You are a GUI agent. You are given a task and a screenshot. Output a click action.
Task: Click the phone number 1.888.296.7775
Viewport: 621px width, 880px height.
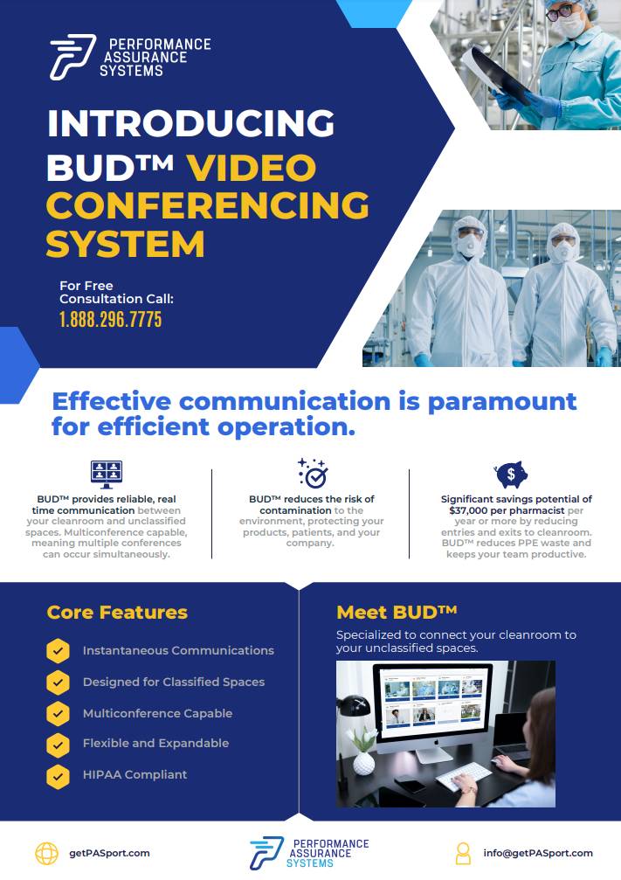111,319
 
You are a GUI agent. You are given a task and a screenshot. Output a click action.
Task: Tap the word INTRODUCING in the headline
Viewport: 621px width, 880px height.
191,123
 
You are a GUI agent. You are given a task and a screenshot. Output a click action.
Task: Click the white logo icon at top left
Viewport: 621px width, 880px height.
72,57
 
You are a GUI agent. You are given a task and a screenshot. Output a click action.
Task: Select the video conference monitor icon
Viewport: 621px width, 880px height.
107,475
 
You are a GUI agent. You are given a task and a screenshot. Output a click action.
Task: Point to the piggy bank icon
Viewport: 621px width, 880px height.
511,475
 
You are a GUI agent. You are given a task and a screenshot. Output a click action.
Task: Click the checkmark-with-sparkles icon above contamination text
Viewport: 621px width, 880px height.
313,473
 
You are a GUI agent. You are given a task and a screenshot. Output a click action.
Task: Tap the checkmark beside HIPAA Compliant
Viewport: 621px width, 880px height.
58,776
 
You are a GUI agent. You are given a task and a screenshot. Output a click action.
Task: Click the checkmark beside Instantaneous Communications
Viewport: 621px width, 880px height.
58,651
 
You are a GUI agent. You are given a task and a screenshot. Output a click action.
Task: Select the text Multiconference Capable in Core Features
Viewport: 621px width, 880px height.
157,713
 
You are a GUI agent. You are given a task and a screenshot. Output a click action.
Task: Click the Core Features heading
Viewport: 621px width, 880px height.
117,613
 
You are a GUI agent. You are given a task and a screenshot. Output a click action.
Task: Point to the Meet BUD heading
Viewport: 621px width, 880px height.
397,612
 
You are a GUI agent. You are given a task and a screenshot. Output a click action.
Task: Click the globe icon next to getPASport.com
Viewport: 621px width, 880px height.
46,854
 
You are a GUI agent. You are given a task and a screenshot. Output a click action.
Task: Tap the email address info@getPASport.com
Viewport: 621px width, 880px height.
538,853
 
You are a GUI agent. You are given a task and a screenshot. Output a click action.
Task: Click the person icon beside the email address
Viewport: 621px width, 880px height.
463,854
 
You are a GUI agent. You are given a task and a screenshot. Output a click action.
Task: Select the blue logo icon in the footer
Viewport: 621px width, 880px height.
266,853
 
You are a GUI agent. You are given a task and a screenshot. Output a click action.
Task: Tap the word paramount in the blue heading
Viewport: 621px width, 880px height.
502,402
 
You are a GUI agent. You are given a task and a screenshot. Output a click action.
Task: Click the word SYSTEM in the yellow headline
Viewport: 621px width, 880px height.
125,244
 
